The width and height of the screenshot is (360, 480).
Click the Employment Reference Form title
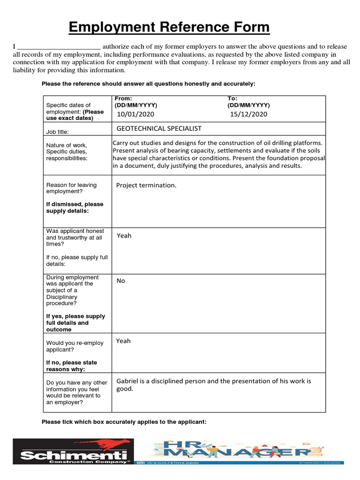(x=169, y=28)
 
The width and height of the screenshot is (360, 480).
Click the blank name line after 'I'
(x=58, y=47)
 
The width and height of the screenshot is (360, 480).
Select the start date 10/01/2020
(x=135, y=114)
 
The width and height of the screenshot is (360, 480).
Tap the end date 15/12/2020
(x=248, y=114)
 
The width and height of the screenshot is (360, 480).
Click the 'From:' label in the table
(x=123, y=98)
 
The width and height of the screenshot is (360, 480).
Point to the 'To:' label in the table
(x=232, y=98)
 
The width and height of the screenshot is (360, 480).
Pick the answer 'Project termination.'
(x=146, y=185)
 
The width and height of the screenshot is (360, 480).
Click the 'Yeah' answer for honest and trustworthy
(x=124, y=236)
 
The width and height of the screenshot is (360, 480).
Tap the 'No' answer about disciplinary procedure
(x=121, y=281)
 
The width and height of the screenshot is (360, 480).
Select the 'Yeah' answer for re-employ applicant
(x=124, y=341)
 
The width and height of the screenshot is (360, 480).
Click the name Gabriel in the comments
(x=128, y=381)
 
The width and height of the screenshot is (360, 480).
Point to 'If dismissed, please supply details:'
(x=75, y=208)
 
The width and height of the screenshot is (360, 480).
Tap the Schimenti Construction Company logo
(x=73, y=451)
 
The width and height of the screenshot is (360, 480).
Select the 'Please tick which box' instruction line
(x=124, y=422)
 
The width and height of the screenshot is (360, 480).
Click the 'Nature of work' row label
(x=67, y=145)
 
